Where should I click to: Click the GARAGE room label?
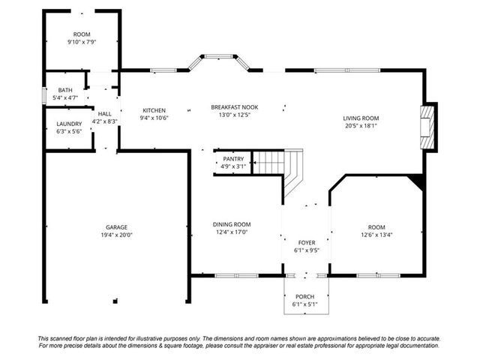coord(117,227)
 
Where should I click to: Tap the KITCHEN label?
coord(154,110)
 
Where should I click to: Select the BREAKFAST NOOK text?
coord(235,107)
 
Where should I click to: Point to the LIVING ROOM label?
coord(361,118)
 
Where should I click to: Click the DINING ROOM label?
coord(232,224)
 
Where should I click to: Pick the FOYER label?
coord(307,243)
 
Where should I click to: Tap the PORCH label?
coord(305,297)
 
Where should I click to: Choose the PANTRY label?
coord(233,159)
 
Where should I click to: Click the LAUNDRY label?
coord(69,124)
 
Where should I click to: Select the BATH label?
coord(65,90)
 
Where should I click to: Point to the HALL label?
coord(105,114)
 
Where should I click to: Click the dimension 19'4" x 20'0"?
coord(117,235)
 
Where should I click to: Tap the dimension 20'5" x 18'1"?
coord(361,126)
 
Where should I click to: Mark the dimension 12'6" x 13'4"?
coord(376,235)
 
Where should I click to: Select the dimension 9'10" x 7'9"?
coord(82,42)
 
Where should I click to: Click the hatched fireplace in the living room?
coord(427,127)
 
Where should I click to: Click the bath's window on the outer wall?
coord(44,96)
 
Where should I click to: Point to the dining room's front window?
coord(236,276)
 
